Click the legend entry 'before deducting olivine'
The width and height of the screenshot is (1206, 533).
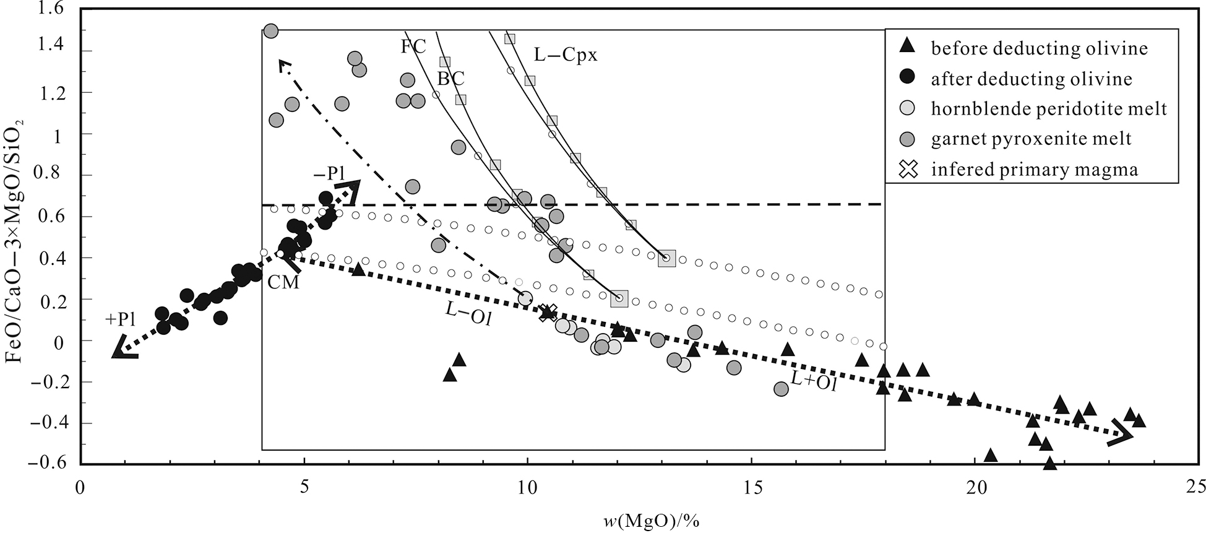pyautogui.click(x=1039, y=48)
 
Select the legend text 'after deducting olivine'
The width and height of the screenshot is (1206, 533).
pyautogui.click(x=1032, y=79)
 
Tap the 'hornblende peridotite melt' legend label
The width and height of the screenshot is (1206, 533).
pyautogui.click(x=1049, y=109)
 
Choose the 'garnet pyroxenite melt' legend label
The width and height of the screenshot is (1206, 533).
pyautogui.click(x=1031, y=139)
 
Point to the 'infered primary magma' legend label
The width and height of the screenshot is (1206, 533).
pyautogui.click(x=1035, y=169)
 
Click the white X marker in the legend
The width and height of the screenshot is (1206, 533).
pyautogui.click(x=908, y=169)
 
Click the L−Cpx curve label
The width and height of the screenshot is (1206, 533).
pyautogui.click(x=566, y=56)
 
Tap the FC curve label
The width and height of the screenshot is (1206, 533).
pyautogui.click(x=413, y=47)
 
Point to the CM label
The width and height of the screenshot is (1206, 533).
pyautogui.click(x=283, y=282)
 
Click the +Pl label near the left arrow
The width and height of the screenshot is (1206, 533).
pyautogui.click(x=121, y=320)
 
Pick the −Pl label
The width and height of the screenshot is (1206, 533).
pyautogui.click(x=329, y=175)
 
